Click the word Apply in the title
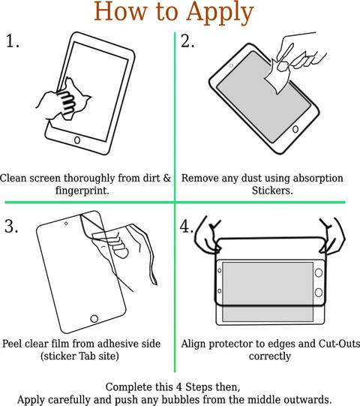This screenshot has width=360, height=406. click(x=220, y=13)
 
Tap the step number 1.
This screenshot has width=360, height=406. click(x=13, y=41)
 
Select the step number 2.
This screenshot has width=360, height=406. click(x=187, y=41)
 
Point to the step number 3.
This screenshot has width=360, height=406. click(x=11, y=226)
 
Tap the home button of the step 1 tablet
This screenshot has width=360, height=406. click(x=77, y=140)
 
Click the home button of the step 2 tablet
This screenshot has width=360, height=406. click(x=295, y=129)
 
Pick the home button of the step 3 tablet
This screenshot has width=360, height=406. click(x=94, y=318)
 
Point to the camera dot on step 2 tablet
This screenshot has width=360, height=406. click(x=231, y=65)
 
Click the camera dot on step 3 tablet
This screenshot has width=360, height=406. click(x=66, y=223)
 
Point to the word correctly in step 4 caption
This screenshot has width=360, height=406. click(x=270, y=356)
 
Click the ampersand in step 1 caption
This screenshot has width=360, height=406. click(x=167, y=178)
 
